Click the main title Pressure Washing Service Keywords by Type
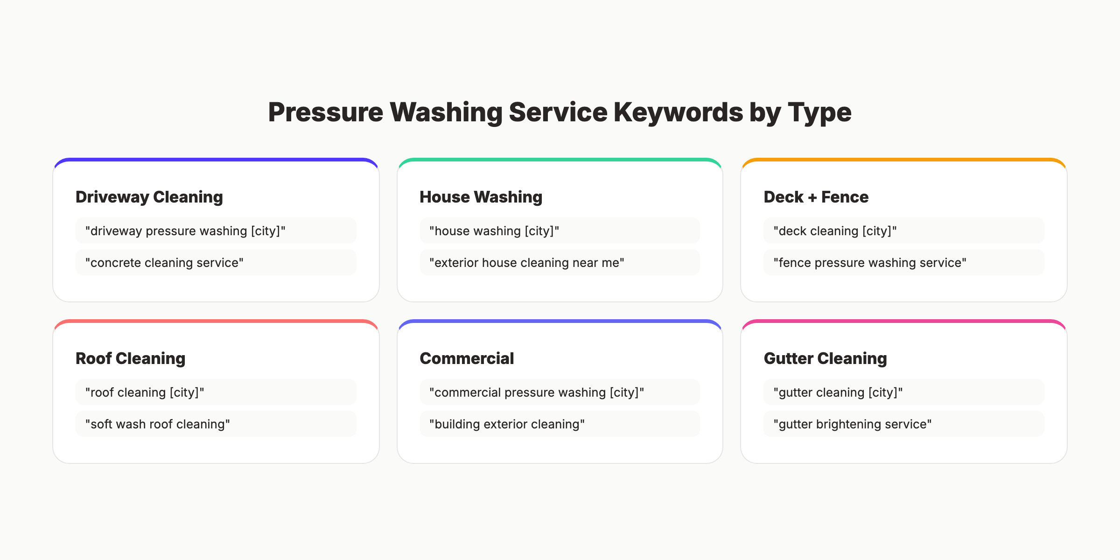(560, 112)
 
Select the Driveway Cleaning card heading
(149, 197)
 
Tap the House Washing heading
(481, 197)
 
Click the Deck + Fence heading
(816, 197)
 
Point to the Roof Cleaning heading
(131, 358)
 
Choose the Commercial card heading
(467, 358)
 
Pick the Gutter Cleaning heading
(825, 358)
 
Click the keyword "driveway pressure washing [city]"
(185, 231)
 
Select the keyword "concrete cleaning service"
(164, 263)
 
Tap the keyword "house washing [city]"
(494, 231)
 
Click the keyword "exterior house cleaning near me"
(527, 263)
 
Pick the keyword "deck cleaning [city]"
(835, 231)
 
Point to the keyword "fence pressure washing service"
(870, 263)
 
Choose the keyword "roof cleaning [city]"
(145, 392)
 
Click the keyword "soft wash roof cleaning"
(158, 424)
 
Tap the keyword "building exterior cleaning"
(507, 424)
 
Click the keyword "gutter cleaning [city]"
(838, 392)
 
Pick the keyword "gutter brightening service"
(852, 424)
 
